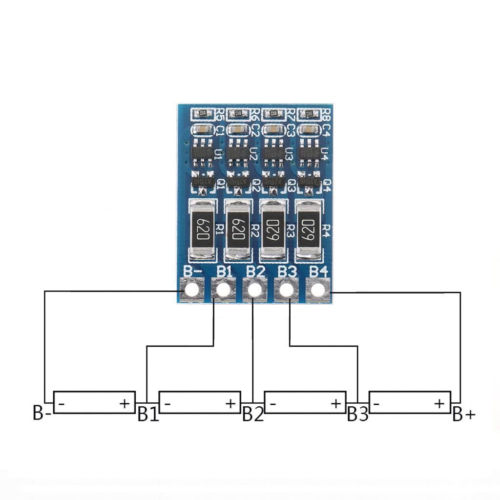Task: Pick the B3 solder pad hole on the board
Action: pos(287,290)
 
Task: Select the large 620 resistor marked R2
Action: pos(238,228)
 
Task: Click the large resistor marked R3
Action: pos(273,228)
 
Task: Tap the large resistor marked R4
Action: pos(308,228)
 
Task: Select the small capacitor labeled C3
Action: pos(273,130)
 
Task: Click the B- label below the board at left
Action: pos(42,413)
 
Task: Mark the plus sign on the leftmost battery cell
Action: pos(125,403)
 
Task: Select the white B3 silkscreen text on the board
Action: pos(288,271)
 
